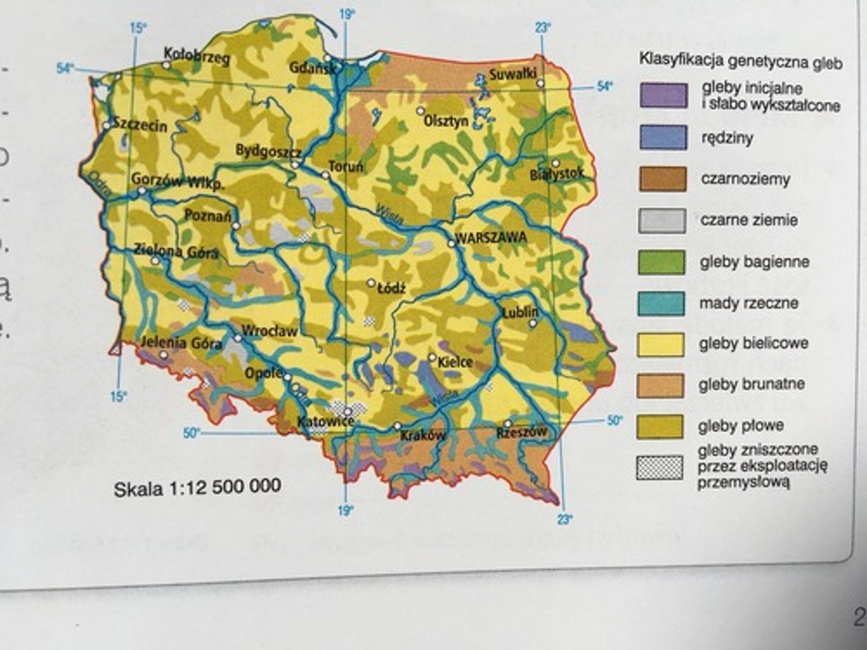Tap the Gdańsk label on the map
pos(312,67)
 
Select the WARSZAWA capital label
pos(491,237)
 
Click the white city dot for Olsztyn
pos(420,111)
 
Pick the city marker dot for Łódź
pos(371,282)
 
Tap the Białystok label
pos(557,175)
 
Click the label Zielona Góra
pos(176,250)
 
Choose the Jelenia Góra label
pos(181,343)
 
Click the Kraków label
pos(423,435)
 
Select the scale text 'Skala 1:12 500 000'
pos(197,487)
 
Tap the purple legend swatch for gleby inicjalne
pos(663,96)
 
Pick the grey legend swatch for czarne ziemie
pos(662,220)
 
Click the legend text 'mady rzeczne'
pos(748,303)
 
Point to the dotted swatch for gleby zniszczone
pos(660,468)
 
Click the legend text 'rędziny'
pos(727,138)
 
